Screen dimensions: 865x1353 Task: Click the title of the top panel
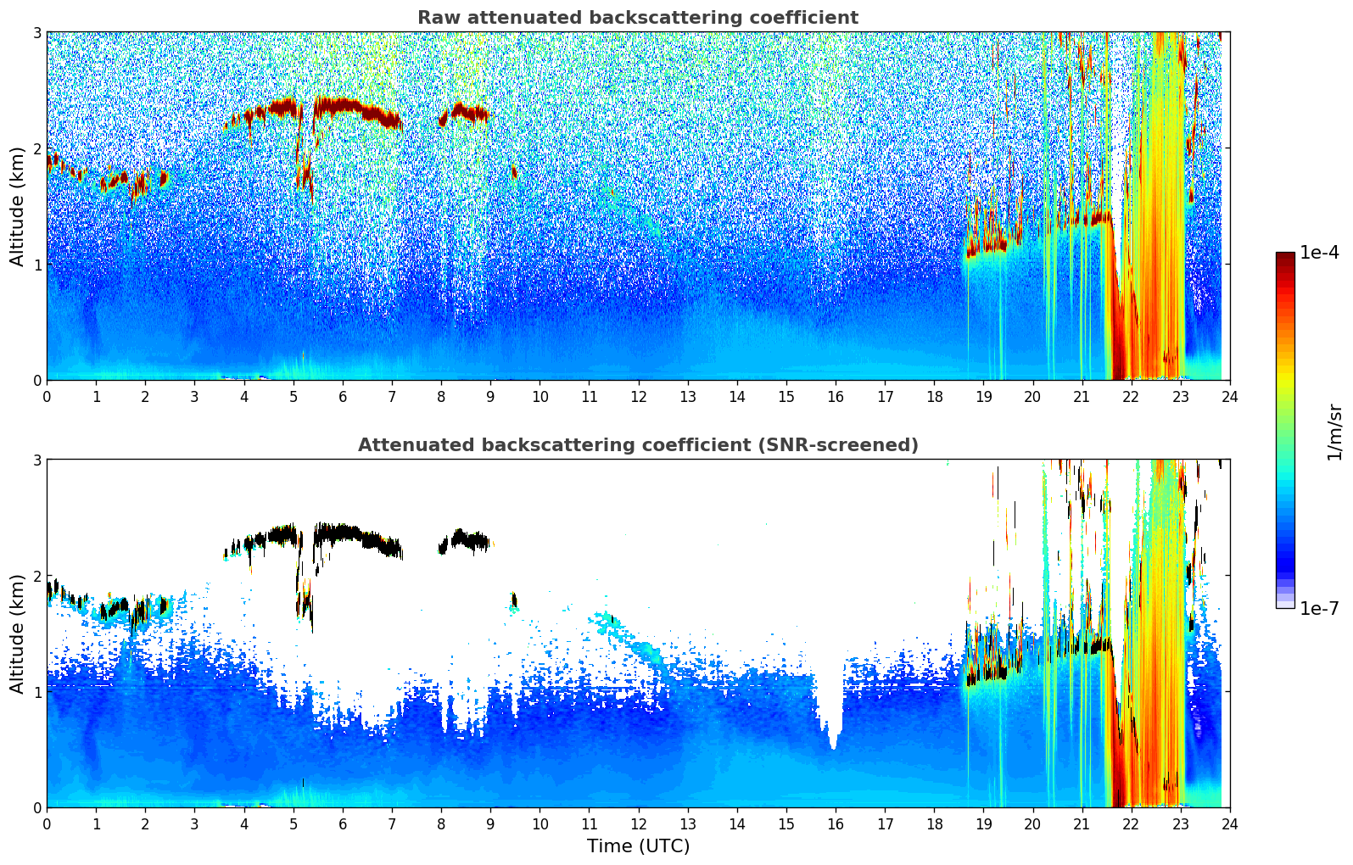point(637,18)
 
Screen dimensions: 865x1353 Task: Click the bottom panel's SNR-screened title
point(637,445)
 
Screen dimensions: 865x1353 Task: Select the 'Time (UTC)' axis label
point(638,846)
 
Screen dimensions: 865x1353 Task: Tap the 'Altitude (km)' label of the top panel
point(18,206)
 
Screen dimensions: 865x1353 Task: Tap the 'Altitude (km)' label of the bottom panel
point(18,633)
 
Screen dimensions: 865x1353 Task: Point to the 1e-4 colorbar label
point(1319,253)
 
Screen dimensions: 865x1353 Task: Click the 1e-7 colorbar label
point(1319,608)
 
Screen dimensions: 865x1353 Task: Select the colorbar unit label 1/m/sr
point(1334,431)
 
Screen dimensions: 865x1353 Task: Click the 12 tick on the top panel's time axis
point(638,396)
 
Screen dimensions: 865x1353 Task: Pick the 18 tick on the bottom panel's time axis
point(934,823)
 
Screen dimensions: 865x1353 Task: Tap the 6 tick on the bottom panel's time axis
point(343,823)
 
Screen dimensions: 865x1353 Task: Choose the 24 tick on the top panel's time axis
point(1229,396)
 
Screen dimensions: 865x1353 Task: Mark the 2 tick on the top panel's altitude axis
point(36,148)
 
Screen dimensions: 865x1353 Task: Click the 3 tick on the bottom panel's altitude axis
point(36,460)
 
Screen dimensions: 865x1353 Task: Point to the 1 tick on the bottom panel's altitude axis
point(36,692)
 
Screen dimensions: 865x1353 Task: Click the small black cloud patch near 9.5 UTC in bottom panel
point(514,600)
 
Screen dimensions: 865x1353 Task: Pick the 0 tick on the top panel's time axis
point(47,396)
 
